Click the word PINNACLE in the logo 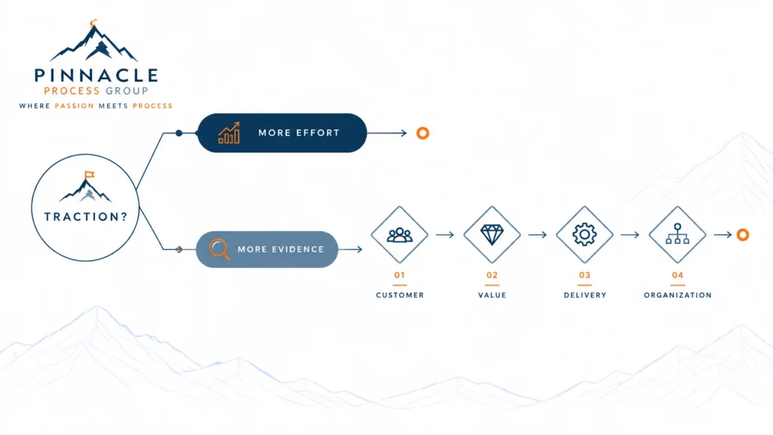pos(96,76)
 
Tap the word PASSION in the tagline pos(74,106)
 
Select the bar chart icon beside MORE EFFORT pos(229,133)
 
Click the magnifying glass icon pos(219,249)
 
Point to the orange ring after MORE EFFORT pos(423,133)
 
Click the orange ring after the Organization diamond pos(743,235)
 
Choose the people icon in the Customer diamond pos(399,235)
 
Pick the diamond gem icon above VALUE pos(492,235)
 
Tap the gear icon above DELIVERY pos(584,234)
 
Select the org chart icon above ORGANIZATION pos(677,234)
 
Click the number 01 pos(399,275)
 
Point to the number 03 pos(585,275)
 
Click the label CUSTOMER pos(400,295)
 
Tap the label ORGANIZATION pos(678,295)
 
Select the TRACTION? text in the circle pos(86,217)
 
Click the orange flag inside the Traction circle pos(90,174)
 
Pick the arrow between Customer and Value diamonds pos(445,235)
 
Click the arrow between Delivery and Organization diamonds pos(630,235)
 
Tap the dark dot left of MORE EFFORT pos(179,133)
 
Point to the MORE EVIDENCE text pos(281,249)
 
